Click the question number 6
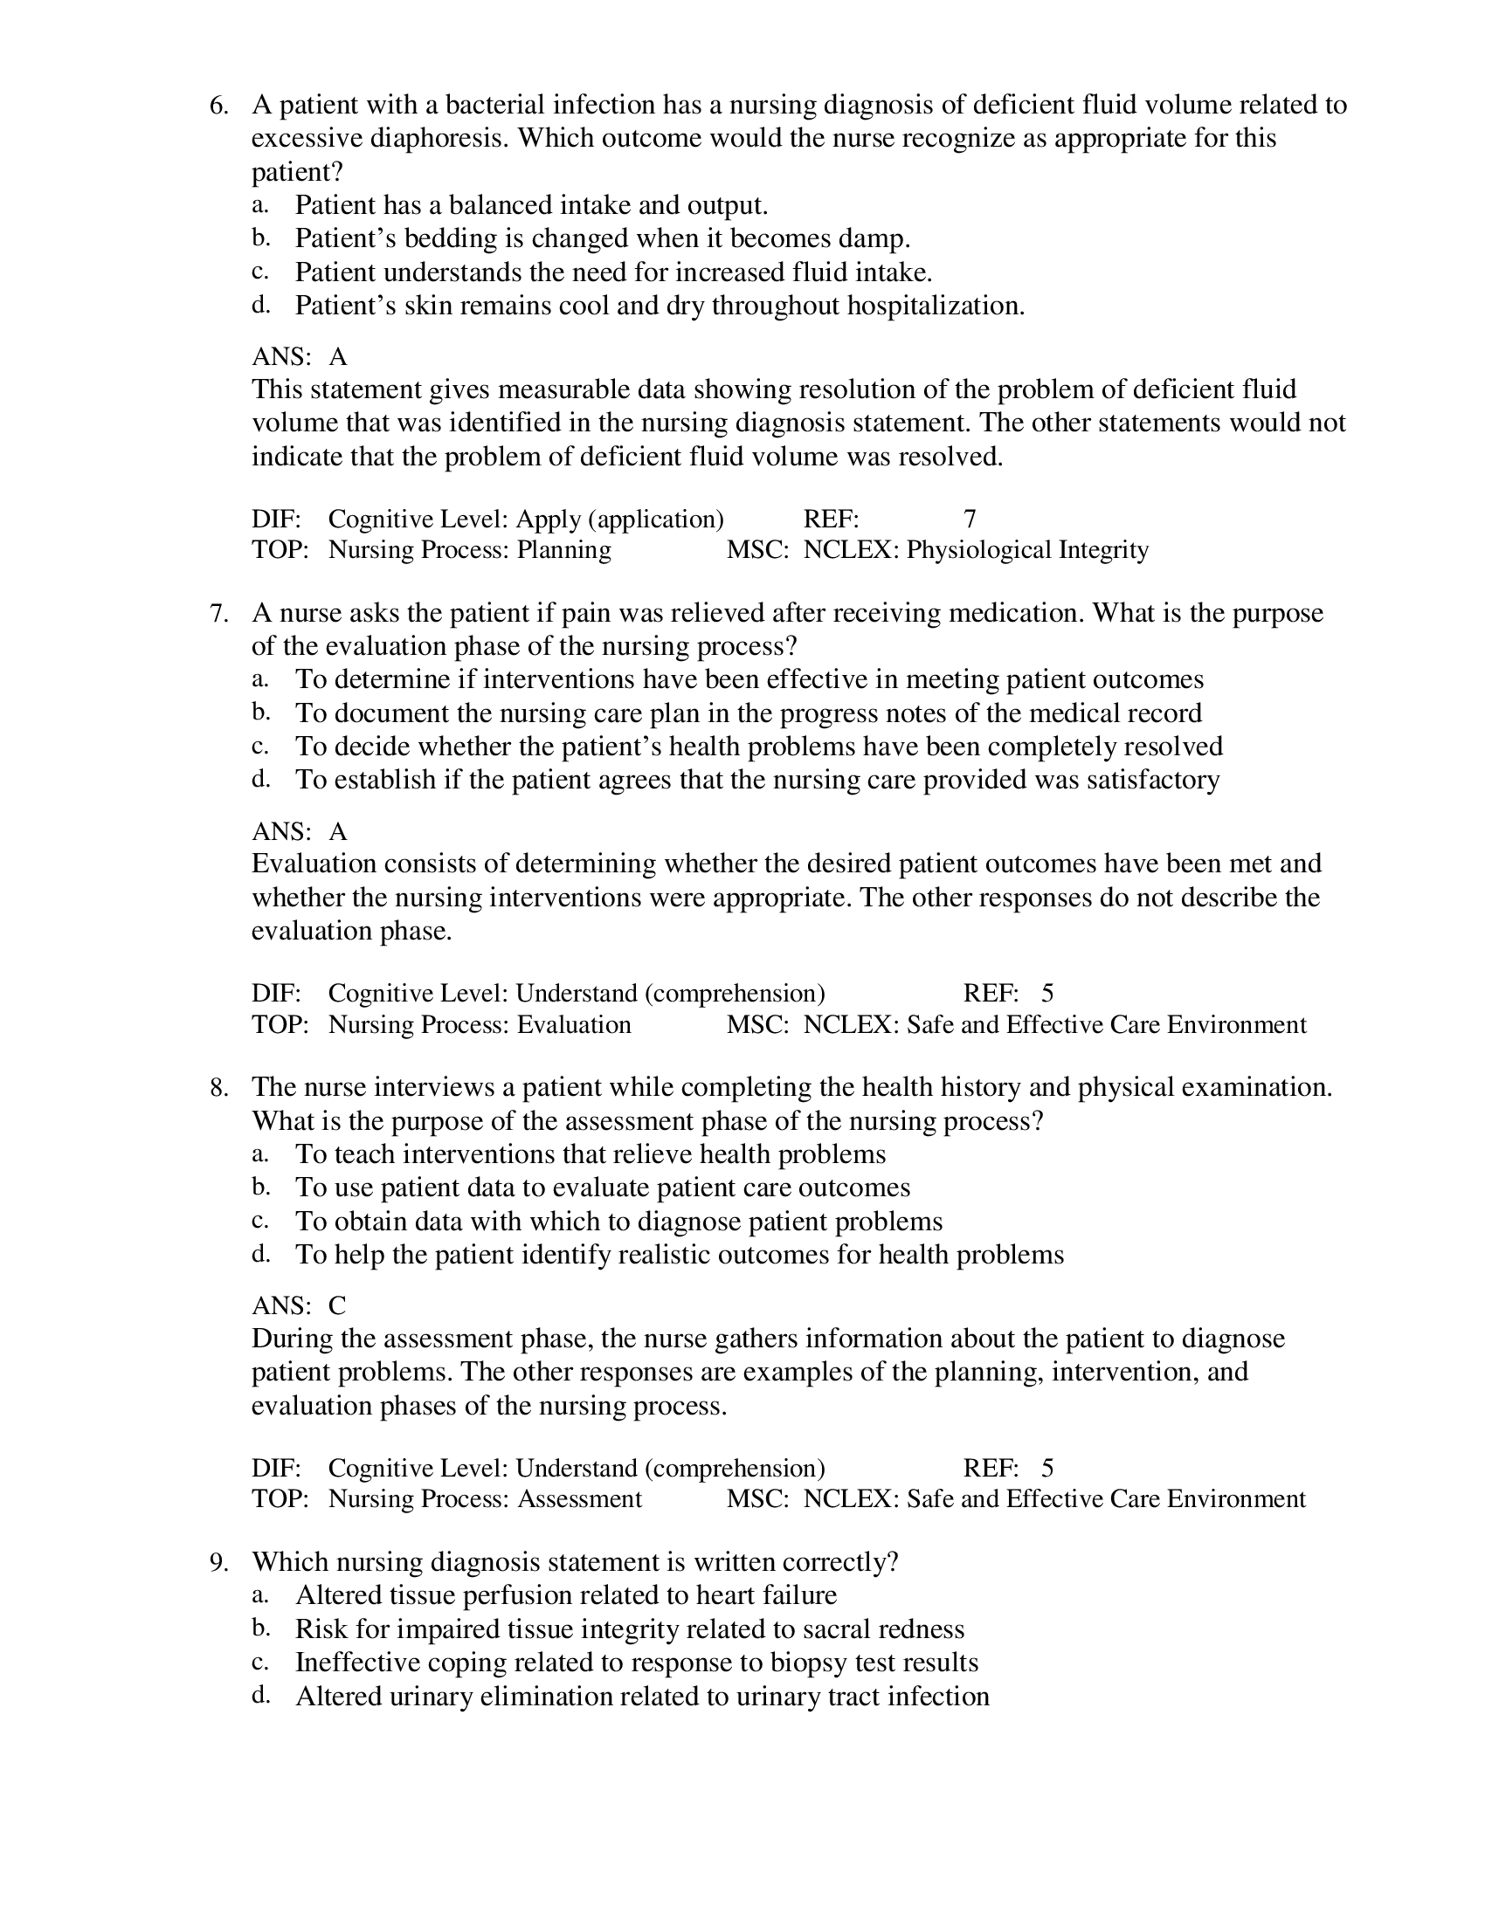click(x=218, y=106)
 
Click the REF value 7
click(x=970, y=519)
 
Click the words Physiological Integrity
click(x=1027, y=551)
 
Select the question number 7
click(x=218, y=613)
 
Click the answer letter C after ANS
click(x=337, y=1305)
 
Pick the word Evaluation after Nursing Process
click(x=574, y=1025)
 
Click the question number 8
click(x=218, y=1088)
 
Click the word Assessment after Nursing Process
click(x=579, y=1498)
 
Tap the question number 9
click(x=218, y=1562)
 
